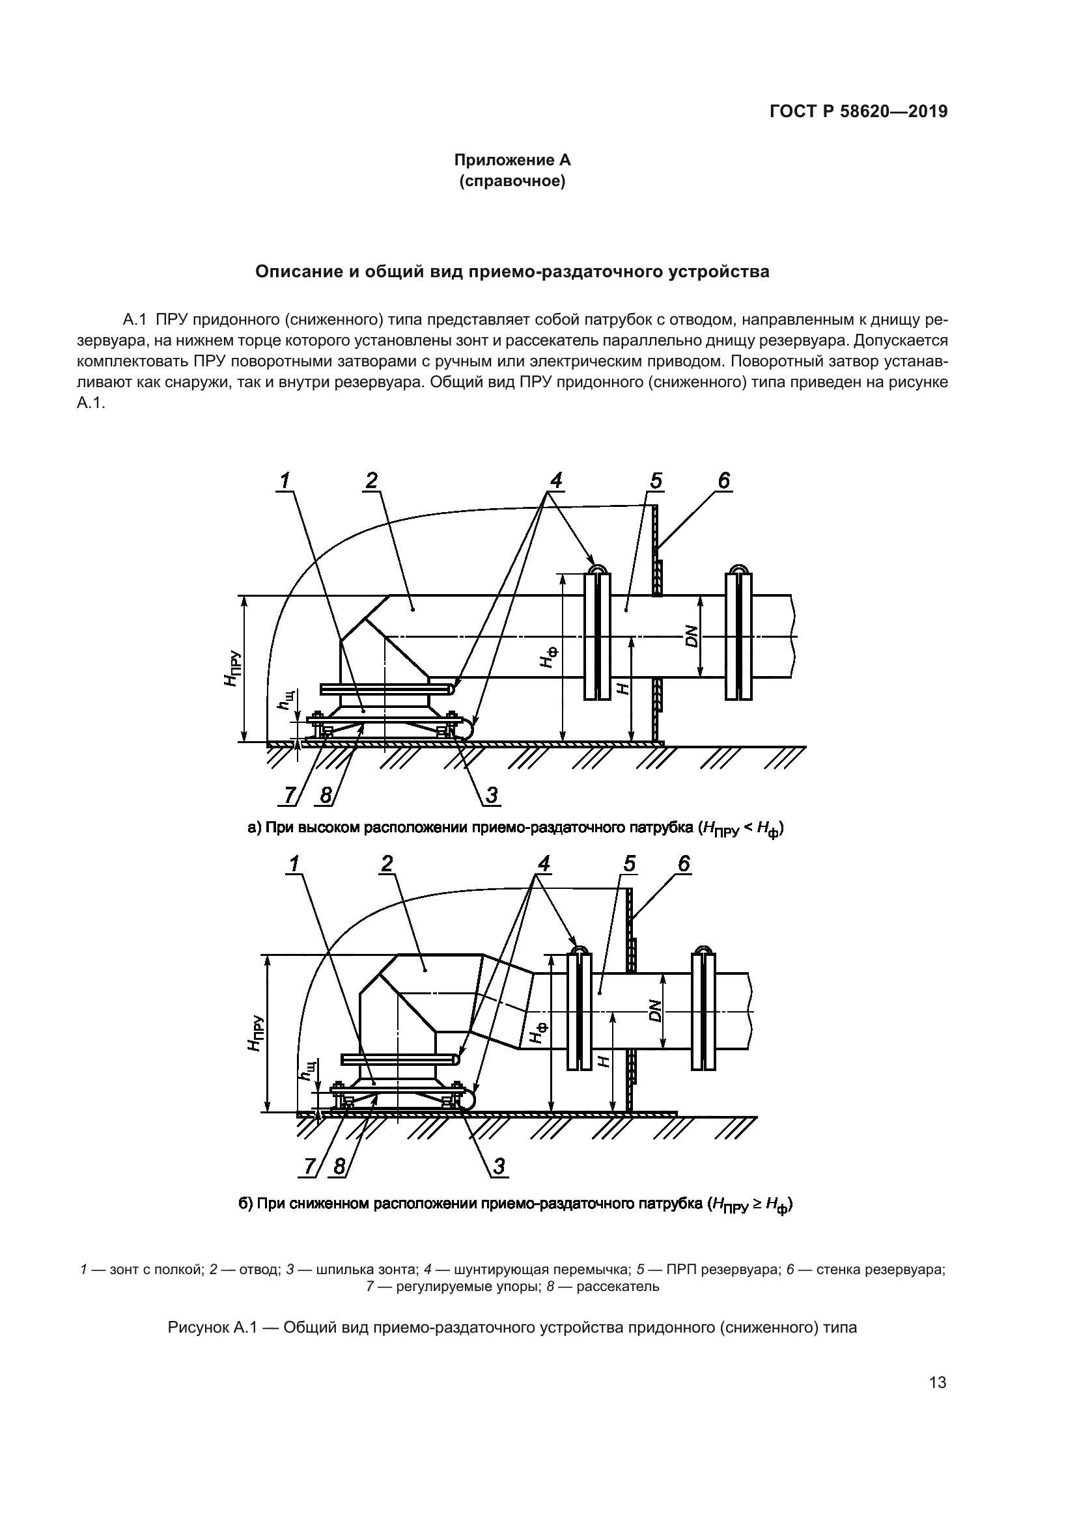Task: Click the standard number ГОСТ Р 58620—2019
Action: click(858, 112)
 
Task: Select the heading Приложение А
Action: click(512, 160)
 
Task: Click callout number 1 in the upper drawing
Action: click(286, 480)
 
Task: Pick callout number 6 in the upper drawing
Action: click(724, 480)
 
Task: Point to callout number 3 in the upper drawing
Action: click(492, 795)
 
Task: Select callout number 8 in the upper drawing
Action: click(326, 795)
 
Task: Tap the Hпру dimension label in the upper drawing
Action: click(231, 669)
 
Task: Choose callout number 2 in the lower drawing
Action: click(387, 863)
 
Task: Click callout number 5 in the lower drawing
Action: click(630, 863)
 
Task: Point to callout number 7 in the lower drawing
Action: click(310, 1166)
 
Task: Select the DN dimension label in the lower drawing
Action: click(655, 1011)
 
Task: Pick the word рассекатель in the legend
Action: click(617, 1286)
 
